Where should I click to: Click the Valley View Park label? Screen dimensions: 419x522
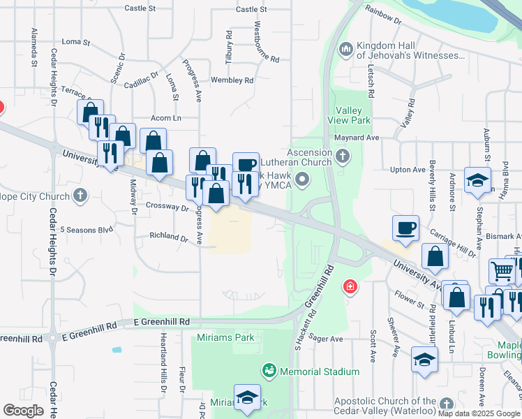[352, 115]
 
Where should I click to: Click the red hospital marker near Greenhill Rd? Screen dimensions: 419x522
[350, 287]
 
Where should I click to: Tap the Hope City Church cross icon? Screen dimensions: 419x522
[80, 195]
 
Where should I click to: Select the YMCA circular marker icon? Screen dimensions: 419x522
[301, 180]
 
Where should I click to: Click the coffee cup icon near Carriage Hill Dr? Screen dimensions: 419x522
[405, 228]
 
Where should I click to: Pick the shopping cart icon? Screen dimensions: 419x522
[502, 271]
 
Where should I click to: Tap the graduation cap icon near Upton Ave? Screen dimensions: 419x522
[477, 180]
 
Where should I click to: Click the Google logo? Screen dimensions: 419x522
[23, 411]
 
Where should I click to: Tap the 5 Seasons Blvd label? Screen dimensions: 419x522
[86, 229]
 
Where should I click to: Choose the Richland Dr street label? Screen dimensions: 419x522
[169, 237]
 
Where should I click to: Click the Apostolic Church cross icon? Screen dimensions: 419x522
[446, 404]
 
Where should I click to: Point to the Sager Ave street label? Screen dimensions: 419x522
[328, 339]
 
